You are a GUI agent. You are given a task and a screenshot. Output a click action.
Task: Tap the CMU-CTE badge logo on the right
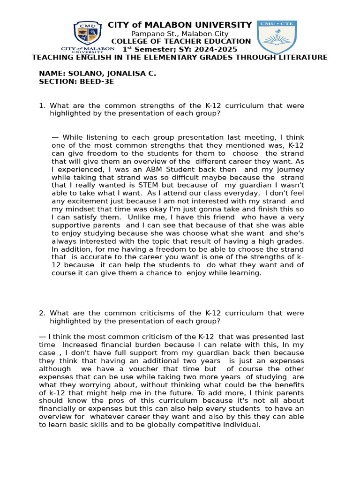point(277,37)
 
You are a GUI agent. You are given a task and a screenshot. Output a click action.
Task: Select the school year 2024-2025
point(217,49)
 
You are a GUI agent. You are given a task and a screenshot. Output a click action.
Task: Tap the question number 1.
point(42,105)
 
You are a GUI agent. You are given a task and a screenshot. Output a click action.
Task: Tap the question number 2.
point(42,313)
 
